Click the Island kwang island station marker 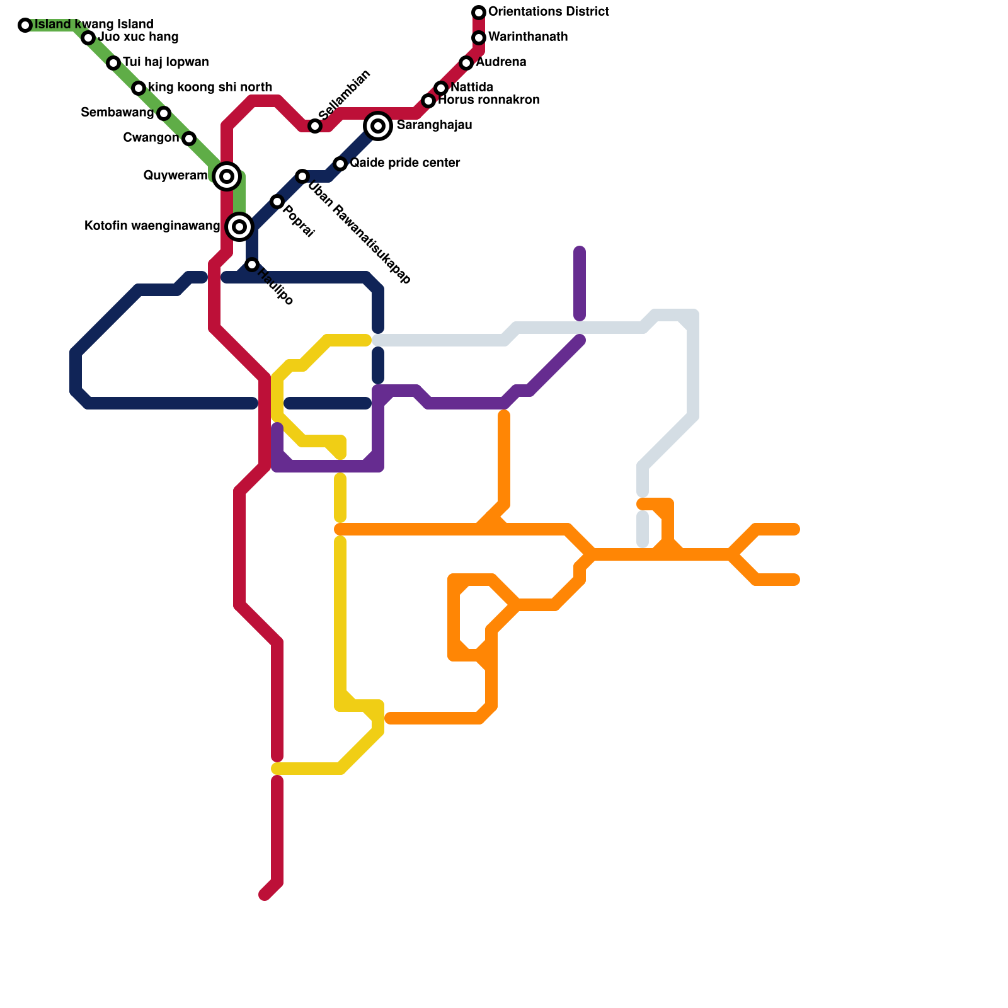pos(25,25)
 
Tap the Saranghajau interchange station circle pos(378,126)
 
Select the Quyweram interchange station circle pos(227,176)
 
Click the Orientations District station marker pos(479,13)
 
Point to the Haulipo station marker pos(252,265)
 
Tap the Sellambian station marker pos(315,126)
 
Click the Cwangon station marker pos(189,139)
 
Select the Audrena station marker pos(466,63)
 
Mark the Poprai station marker pos(277,202)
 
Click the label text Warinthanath pos(528,37)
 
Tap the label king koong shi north pos(210,88)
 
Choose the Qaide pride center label pos(405,163)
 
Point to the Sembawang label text pos(117,113)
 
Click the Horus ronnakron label pos(489,100)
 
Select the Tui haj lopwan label pos(166,62)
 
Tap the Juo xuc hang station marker pos(88,38)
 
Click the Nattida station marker pos(441,88)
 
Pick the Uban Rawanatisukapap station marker pos(302,176)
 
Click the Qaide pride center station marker pos(340,164)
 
